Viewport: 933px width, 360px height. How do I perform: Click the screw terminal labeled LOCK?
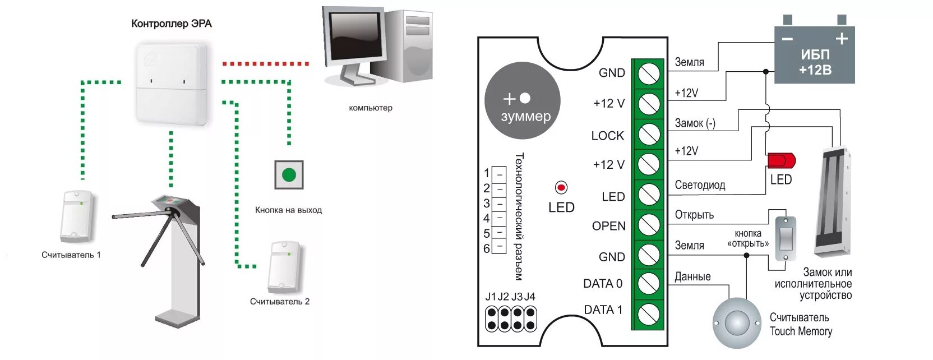coord(649,135)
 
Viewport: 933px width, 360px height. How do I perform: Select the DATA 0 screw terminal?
coord(649,283)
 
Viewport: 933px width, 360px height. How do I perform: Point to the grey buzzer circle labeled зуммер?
coord(522,101)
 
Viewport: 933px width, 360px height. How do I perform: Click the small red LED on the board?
coord(561,187)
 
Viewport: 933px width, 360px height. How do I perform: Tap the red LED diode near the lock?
coord(780,161)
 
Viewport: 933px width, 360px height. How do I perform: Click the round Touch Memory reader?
coord(737,323)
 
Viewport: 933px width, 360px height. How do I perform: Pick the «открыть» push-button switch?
coord(785,238)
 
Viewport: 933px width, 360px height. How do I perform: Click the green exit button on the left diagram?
coord(289,175)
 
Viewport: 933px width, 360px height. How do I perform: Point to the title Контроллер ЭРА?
coord(171,24)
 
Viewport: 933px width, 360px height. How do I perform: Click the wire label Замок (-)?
coord(695,123)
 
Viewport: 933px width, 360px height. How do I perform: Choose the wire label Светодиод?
coord(700,185)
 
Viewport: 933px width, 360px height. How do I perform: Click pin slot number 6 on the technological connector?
coord(499,247)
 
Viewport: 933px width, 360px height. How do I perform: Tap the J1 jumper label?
coord(491,297)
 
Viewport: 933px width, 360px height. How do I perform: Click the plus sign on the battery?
coord(841,38)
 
